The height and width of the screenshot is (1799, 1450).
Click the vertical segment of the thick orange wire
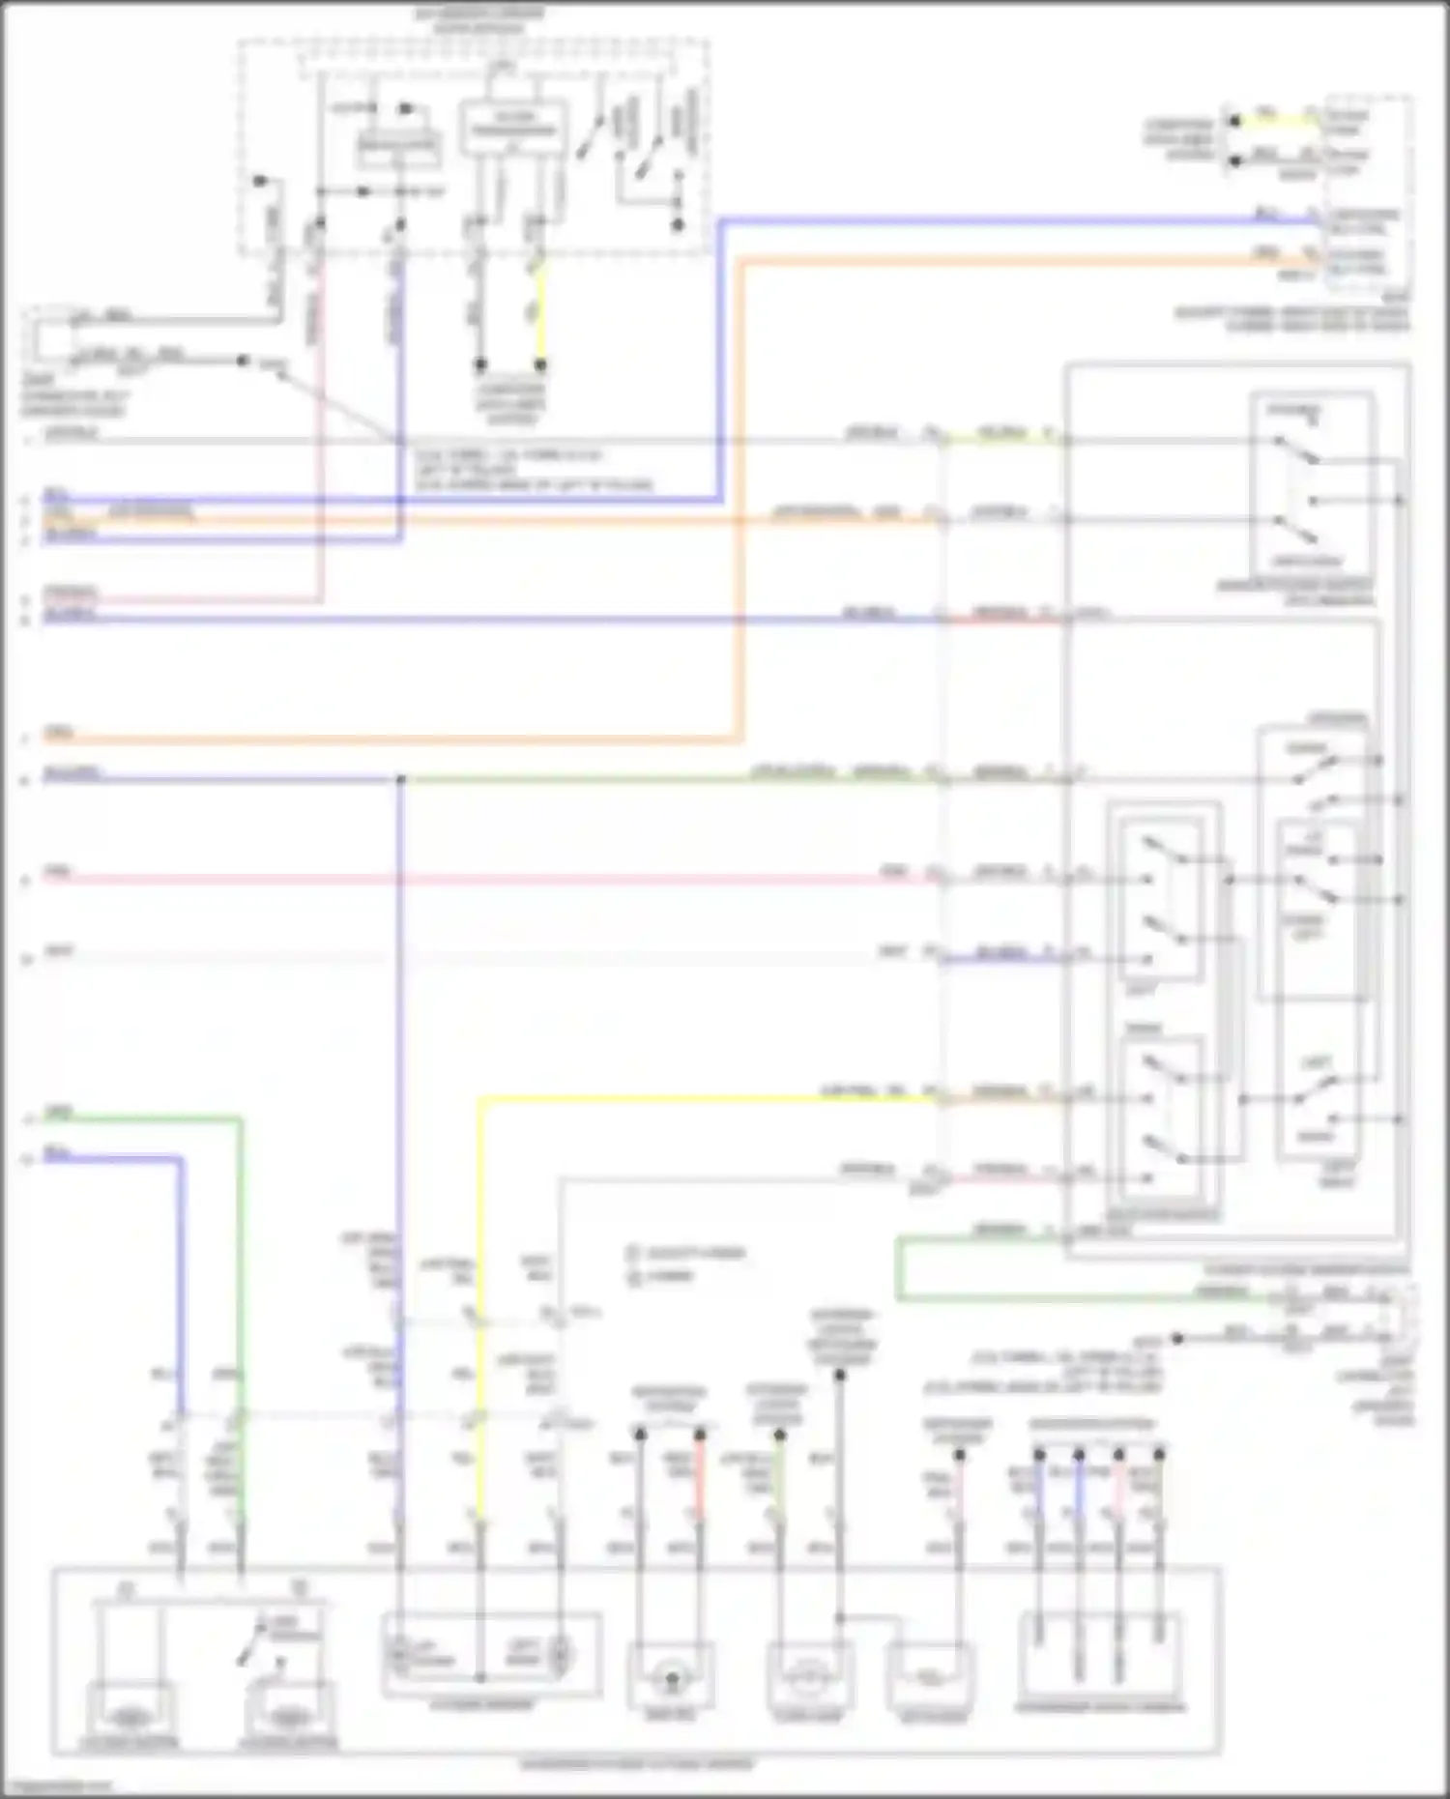[741, 503]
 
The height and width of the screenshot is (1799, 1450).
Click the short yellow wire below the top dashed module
[541, 309]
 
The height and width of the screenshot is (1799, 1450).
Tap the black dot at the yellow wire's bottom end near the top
[541, 365]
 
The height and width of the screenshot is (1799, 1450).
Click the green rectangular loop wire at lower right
[899, 1267]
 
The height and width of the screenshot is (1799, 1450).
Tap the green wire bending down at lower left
[240, 1257]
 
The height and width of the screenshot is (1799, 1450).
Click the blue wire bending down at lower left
[180, 1257]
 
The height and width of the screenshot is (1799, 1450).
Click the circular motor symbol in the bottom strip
[671, 1680]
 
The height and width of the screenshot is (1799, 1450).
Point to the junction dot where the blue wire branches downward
[399, 779]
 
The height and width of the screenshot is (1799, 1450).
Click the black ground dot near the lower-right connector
[1177, 1339]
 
